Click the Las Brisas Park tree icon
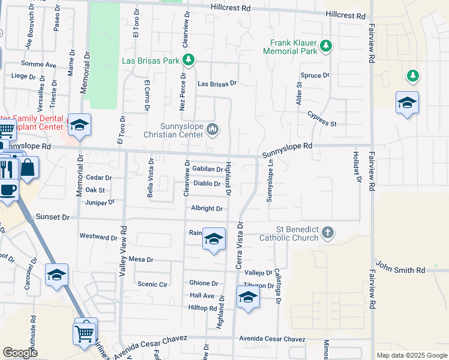[189, 59]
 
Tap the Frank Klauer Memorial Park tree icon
[326, 46]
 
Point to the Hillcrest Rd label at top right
[346, 15]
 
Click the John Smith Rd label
[400, 270]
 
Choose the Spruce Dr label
[315, 76]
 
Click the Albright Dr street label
[207, 209]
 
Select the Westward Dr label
[98, 237]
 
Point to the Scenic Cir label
[152, 284]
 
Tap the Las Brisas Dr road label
[217, 84]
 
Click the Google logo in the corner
[20, 353]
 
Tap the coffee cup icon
[7, 190]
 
